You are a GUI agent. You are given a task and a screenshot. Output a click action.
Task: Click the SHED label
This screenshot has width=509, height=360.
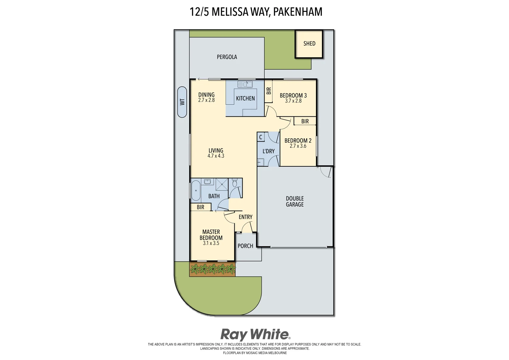click(309, 44)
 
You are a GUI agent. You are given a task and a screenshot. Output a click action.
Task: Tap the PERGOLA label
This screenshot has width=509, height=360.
click(227, 57)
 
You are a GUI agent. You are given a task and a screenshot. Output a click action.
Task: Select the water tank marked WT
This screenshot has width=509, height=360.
click(182, 102)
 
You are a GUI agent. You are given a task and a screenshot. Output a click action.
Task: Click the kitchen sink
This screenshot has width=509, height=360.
click(245, 84)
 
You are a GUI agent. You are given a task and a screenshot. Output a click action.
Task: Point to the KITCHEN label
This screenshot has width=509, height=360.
click(245, 98)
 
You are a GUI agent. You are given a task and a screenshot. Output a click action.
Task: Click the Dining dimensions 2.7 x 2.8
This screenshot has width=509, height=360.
click(206, 100)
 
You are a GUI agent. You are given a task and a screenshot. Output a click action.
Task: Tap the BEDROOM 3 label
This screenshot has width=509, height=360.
click(293, 95)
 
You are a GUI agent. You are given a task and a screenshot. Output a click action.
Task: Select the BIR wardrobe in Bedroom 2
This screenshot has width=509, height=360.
click(305, 121)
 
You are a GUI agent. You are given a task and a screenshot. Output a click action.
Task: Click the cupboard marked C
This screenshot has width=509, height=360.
click(261, 137)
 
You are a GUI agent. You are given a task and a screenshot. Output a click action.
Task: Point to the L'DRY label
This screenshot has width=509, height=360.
click(268, 151)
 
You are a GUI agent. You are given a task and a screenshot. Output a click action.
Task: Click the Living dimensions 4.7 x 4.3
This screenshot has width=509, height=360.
click(216, 156)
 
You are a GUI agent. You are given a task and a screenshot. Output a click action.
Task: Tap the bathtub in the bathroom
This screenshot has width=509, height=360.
click(195, 191)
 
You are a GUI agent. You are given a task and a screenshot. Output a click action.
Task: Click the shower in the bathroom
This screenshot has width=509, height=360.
click(222, 184)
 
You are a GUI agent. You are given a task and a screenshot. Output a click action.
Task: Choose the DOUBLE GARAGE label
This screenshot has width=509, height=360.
click(295, 201)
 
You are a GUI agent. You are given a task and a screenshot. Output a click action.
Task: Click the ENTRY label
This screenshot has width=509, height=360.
click(245, 217)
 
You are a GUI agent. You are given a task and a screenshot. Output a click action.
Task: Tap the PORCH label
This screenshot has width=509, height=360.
click(245, 246)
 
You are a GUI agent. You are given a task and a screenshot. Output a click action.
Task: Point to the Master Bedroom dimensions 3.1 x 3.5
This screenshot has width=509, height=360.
click(211, 243)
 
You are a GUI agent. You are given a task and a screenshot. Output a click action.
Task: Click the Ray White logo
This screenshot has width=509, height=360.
click(255, 334)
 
